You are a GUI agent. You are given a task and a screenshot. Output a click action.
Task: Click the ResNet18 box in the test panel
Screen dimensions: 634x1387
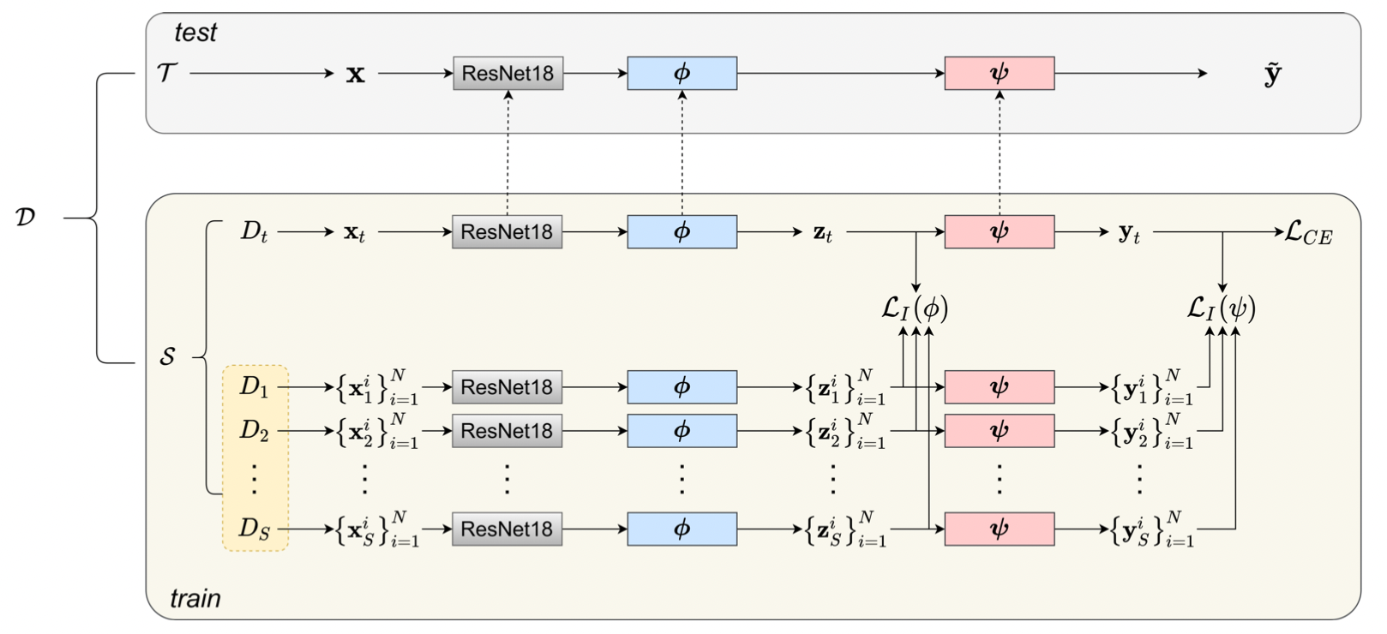coord(507,74)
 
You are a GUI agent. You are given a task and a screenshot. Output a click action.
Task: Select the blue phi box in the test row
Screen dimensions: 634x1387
coord(681,74)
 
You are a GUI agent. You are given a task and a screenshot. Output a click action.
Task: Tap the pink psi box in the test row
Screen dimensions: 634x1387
coord(999,74)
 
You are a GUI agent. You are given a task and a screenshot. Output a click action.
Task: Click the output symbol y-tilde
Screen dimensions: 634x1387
coord(1272,74)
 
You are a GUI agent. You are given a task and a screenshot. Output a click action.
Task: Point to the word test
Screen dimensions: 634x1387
coord(195,33)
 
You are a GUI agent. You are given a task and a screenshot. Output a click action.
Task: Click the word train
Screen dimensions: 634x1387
coord(195,598)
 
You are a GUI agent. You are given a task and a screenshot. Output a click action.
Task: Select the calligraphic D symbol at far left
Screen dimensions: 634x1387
coord(25,217)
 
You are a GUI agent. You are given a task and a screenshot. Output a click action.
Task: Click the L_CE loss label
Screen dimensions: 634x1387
coord(1308,233)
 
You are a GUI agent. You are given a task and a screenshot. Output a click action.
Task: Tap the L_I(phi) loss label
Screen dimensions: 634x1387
coord(915,308)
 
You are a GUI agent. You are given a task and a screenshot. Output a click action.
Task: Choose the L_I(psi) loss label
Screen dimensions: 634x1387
coord(1221,308)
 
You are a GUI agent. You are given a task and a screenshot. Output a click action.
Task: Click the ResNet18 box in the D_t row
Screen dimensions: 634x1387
coord(507,232)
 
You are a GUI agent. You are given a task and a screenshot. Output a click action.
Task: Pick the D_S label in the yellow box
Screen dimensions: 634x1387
coord(254,529)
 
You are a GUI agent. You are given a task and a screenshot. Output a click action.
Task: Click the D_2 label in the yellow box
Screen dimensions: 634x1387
coord(254,430)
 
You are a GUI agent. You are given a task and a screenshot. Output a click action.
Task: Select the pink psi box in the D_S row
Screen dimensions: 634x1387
coord(999,529)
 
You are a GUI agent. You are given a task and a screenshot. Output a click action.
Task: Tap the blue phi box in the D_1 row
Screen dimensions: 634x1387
coord(681,387)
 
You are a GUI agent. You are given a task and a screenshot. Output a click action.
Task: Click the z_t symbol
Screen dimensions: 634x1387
coord(822,232)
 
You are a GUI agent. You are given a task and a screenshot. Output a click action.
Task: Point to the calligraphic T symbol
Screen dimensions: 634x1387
coord(167,74)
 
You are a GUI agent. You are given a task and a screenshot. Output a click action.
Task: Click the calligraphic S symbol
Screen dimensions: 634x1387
coord(167,356)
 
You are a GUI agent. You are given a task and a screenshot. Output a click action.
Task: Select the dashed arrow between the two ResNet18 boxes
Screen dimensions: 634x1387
coord(507,154)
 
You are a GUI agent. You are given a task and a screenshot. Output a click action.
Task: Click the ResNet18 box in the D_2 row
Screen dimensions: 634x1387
coord(507,431)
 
